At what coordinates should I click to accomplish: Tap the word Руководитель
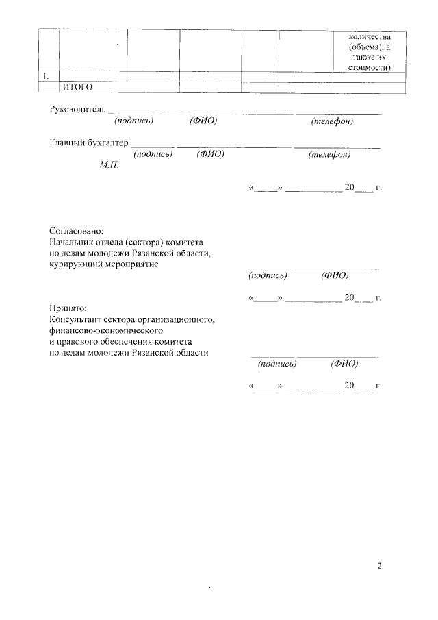78,110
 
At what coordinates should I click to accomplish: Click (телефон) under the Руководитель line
332,121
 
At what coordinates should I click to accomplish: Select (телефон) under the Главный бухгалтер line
330,154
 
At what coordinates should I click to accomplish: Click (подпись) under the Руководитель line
134,121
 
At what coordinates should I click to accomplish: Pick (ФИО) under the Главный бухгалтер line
210,154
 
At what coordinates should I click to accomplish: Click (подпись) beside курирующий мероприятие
268,275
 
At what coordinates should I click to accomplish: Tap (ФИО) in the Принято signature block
344,364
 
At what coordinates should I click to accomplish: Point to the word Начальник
73,243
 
